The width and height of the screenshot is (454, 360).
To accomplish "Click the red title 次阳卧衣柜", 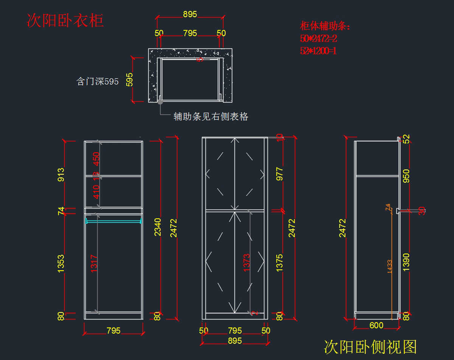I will point(65,20).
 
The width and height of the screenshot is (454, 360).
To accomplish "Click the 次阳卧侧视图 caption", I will point(370,347).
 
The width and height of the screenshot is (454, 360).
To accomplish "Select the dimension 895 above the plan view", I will point(190,14).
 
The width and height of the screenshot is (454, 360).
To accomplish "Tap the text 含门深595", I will point(98,81).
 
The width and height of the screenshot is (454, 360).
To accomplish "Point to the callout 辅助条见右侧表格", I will point(211,117).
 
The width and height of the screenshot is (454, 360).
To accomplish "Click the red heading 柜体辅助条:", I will point(325,26).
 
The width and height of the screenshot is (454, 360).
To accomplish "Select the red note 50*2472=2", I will point(319,38).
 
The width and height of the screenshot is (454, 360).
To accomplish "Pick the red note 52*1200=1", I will point(319,50).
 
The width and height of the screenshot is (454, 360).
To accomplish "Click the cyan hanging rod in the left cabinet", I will point(113,221).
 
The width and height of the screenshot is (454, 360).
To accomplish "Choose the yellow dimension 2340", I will point(157,227).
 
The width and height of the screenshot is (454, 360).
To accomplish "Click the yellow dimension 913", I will point(61,175).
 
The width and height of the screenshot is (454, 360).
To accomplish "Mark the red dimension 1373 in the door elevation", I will point(247,262).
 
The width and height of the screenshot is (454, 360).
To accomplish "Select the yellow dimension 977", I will point(280,174).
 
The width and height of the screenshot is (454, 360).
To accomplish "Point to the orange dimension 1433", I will point(389,266).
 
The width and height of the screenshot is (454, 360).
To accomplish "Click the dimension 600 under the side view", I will point(376,325).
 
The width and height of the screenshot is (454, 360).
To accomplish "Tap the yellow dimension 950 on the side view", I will point(406,176).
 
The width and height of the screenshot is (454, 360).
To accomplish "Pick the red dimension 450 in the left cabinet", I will point(96,159).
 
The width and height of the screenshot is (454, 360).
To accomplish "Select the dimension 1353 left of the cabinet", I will point(61,263).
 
